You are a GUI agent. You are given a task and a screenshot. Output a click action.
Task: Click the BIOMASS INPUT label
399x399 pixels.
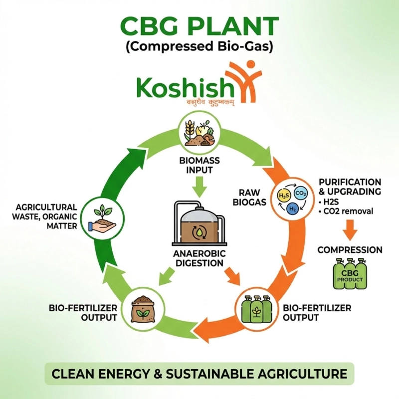199,166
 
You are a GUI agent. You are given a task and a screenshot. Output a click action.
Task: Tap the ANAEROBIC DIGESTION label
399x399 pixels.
199,258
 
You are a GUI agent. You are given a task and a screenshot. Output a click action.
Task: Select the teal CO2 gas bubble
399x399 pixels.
301,193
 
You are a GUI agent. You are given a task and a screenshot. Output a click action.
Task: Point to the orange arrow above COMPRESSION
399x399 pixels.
351,230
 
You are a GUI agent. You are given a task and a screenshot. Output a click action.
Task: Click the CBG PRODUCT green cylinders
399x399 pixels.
350,274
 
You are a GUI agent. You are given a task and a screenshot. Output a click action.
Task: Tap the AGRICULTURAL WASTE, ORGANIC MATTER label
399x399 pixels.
46,216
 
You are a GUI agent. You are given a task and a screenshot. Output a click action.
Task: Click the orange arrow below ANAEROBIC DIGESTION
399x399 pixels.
231,276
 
